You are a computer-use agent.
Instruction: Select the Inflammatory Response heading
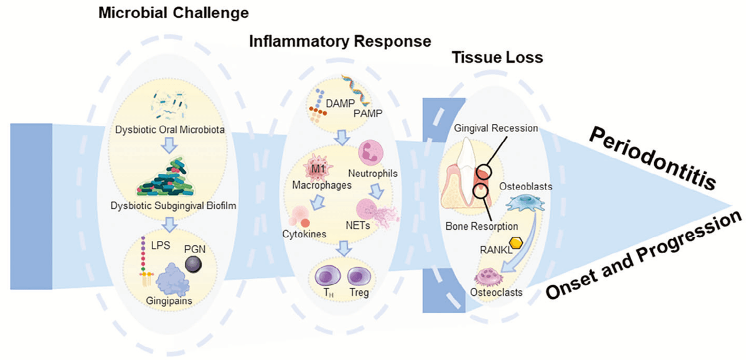pyautogui.click(x=340, y=42)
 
